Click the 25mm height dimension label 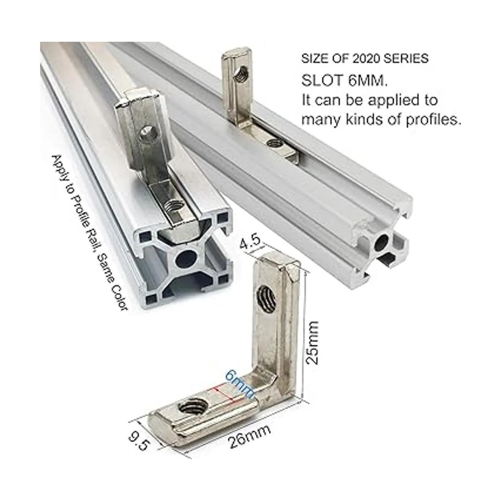pyautogui.click(x=312, y=343)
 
